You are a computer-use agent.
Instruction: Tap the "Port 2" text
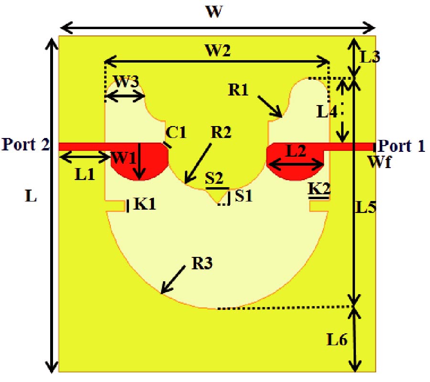click(25, 144)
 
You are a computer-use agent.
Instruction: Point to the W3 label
click(127, 82)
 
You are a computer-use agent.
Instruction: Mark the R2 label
click(221, 132)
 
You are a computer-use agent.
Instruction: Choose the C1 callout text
click(176, 132)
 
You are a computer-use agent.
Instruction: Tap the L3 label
click(369, 57)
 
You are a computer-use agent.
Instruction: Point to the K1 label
click(144, 204)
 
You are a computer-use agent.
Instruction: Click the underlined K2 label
click(318, 189)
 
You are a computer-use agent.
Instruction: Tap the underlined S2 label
click(214, 179)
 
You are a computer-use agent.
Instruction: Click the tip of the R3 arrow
click(162, 293)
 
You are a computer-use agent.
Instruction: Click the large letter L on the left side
click(31, 196)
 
